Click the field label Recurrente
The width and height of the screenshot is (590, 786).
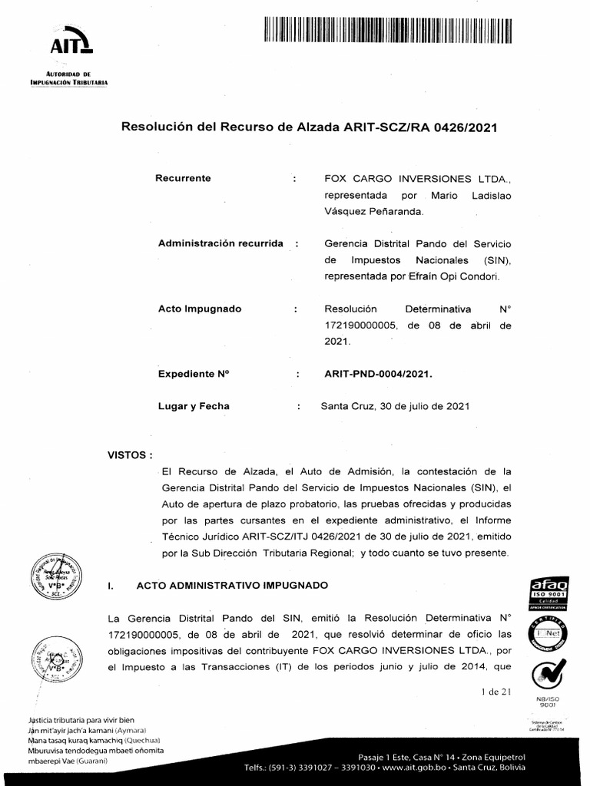184,178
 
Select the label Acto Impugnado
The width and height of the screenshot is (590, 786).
200,309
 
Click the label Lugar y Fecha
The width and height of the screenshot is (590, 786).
194,407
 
